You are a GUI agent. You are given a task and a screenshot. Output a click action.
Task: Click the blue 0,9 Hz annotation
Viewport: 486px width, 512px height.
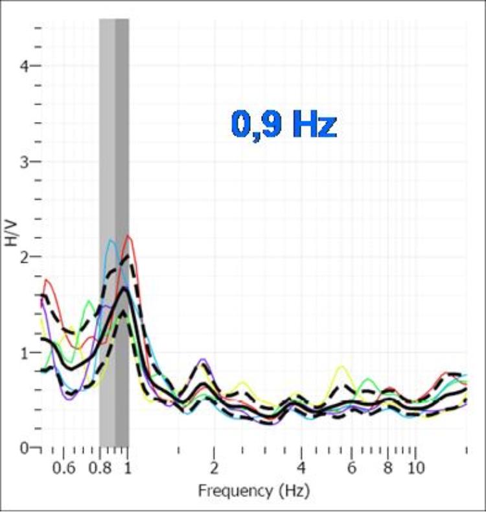coord(284,125)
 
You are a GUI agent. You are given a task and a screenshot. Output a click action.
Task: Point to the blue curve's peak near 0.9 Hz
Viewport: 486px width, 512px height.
coord(111,241)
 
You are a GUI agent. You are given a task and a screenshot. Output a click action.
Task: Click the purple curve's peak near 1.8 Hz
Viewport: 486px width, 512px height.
coord(203,359)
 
